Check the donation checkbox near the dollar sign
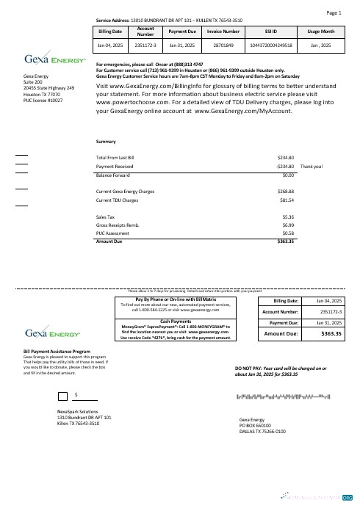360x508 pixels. pyautogui.click(x=62, y=397)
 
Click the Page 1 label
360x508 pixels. pyautogui.click(x=334, y=13)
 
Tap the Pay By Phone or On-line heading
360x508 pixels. pyautogui.click(x=176, y=300)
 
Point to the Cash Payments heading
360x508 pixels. pyautogui.click(x=176, y=322)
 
